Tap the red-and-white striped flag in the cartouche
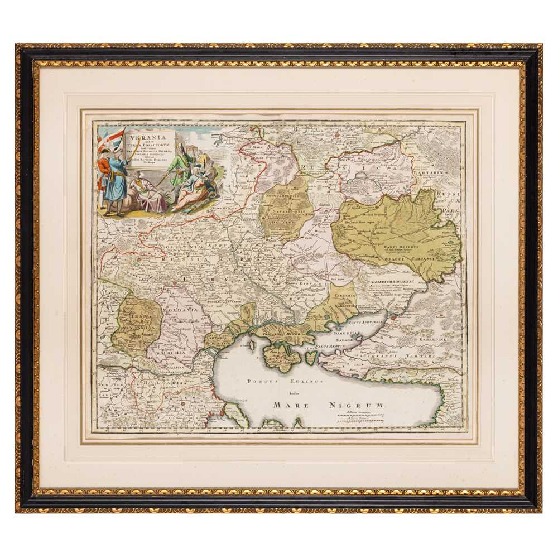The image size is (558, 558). [115, 137]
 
